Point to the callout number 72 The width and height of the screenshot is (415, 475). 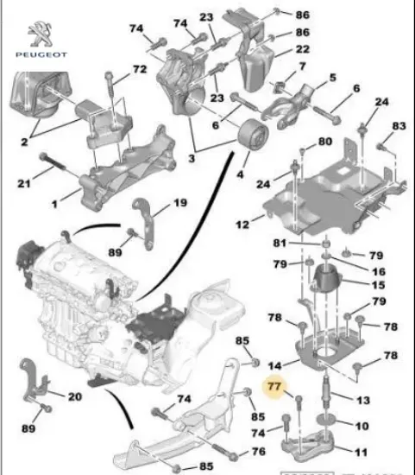pyautogui.click(x=139, y=68)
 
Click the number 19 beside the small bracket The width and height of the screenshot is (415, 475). pyautogui.click(x=179, y=203)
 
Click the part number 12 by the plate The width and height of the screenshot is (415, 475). pyautogui.click(x=243, y=224)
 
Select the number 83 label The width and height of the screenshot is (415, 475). pyautogui.click(x=398, y=126)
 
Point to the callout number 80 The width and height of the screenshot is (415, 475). pyautogui.click(x=324, y=141)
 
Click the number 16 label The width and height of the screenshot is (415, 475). pyautogui.click(x=356, y=270)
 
